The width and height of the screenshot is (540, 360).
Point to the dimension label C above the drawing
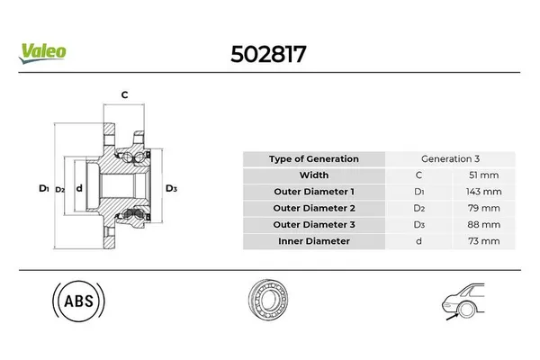pyautogui.click(x=124, y=94)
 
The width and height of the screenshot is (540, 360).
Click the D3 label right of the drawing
pyautogui.click(x=171, y=188)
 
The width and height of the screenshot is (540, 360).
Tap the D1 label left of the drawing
pyautogui.click(x=43, y=188)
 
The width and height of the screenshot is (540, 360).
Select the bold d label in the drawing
pyautogui.click(x=79, y=188)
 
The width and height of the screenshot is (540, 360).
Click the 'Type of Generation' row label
pyautogui.click(x=313, y=159)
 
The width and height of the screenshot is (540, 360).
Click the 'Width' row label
pyautogui.click(x=313, y=175)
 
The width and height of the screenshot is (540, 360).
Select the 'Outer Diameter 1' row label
pyautogui.click(x=313, y=192)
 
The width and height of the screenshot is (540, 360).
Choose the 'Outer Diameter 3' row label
pyautogui.click(x=313, y=225)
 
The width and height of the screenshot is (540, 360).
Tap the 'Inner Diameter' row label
pyautogui.click(x=313, y=241)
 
